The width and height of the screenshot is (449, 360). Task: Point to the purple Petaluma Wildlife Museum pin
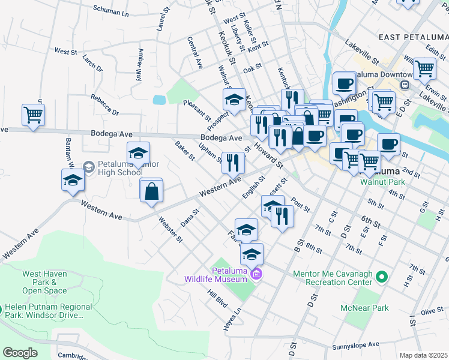(257, 275)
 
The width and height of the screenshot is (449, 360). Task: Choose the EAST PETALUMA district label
(413, 37)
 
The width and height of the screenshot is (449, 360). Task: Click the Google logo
(20, 353)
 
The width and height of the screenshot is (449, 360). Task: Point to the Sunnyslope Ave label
(357, 346)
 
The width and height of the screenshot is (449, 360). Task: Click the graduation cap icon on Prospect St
(234, 98)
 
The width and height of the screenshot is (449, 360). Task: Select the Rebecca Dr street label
(105, 104)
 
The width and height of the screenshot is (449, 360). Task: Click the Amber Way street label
(140, 65)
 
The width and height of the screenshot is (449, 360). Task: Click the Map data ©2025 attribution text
(423, 355)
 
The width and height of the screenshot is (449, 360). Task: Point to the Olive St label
(431, 311)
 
